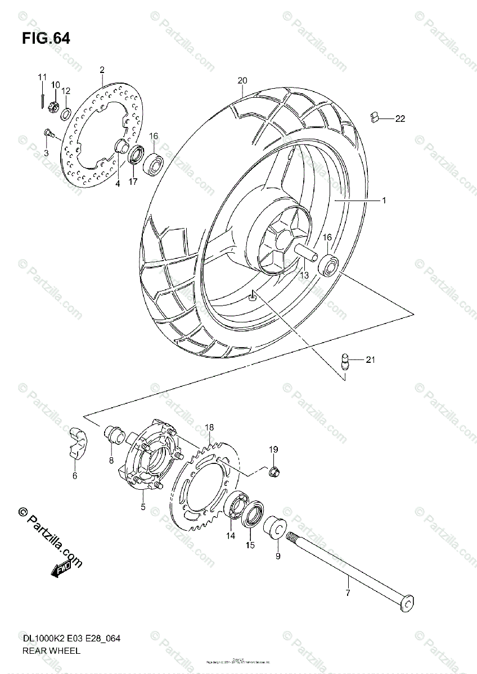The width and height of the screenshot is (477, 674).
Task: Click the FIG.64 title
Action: pyautogui.click(x=46, y=39)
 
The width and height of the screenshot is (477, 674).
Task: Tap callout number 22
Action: pyautogui.click(x=400, y=119)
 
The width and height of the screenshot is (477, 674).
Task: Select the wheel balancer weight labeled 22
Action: pyautogui.click(x=375, y=117)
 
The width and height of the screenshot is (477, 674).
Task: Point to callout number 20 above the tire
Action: pyautogui.click(x=242, y=80)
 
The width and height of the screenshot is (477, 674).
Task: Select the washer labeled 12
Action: pyautogui.click(x=66, y=114)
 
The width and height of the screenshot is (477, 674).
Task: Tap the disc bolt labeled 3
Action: pyautogui.click(x=48, y=133)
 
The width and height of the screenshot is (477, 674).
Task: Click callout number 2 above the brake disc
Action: pyautogui.click(x=102, y=70)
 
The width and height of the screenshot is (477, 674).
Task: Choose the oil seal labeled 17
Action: pyautogui.click(x=136, y=154)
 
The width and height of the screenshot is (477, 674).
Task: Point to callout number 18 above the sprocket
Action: pyautogui.click(x=209, y=428)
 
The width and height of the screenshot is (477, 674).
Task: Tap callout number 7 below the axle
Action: pyautogui.click(x=348, y=593)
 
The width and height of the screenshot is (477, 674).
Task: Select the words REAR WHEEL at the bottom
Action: pyautogui.click(x=52, y=651)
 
